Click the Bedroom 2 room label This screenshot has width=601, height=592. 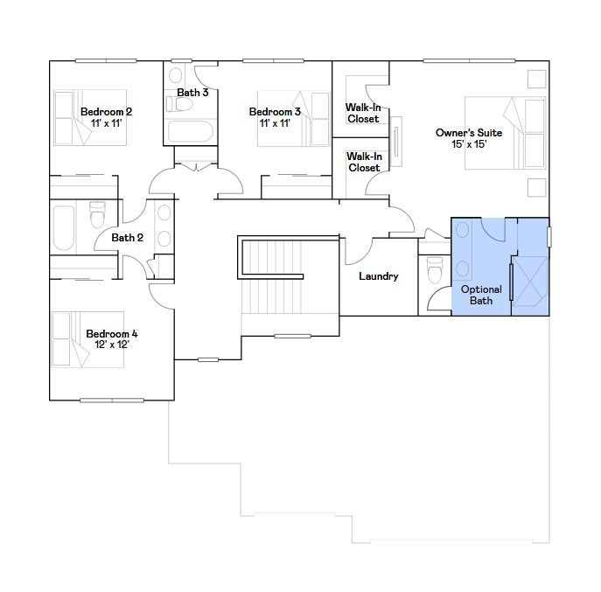tap(106, 112)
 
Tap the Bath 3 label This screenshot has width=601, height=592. tap(192, 93)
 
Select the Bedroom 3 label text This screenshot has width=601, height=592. tap(275, 112)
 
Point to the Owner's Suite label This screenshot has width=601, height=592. tap(469, 133)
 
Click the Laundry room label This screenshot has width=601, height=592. tap(378, 276)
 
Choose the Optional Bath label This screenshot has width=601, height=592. tap(481, 295)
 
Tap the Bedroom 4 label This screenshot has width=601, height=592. tap(111, 334)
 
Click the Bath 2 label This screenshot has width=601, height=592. tap(127, 238)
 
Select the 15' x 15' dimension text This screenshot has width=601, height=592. tap(469, 144)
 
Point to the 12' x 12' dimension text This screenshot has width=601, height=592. tap(111, 345)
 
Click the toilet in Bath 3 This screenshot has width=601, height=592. tap(179, 104)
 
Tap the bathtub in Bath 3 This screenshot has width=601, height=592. tap(190, 131)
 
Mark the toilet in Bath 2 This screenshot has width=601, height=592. tap(97, 214)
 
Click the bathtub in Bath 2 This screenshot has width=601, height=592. tap(64, 228)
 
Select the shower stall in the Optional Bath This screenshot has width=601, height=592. tap(530, 282)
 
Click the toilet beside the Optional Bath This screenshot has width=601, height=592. tap(435, 269)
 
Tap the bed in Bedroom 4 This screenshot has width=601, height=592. tap(87, 339)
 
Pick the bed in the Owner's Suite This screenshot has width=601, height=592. tap(505, 133)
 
